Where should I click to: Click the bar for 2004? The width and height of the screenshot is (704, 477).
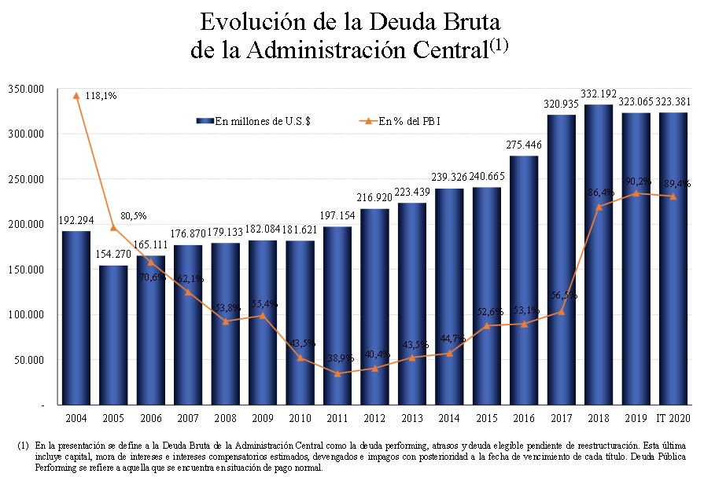pyautogui.click(x=76, y=317)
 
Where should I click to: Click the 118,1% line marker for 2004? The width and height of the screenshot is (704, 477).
pyautogui.click(x=76, y=95)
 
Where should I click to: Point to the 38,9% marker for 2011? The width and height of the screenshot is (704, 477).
pyautogui.click(x=337, y=373)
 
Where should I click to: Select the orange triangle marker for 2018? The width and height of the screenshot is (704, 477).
pyautogui.click(x=599, y=207)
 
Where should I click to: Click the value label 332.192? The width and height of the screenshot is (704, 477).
pyautogui.click(x=599, y=95)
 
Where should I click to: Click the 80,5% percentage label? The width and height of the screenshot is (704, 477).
pyautogui.click(x=131, y=215)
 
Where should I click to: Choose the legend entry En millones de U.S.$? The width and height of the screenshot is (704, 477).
pyautogui.click(x=255, y=121)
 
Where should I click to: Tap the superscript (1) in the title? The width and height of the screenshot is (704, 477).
pyautogui.click(x=499, y=45)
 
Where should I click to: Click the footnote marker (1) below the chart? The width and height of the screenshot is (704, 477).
pyautogui.click(x=23, y=446)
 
